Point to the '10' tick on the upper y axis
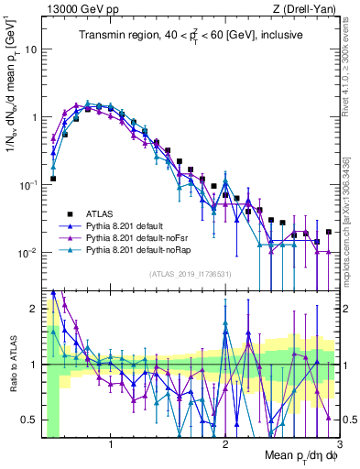tap(30, 49)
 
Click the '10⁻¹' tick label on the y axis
tap(27, 185)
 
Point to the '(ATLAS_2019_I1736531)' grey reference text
tap(189, 274)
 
